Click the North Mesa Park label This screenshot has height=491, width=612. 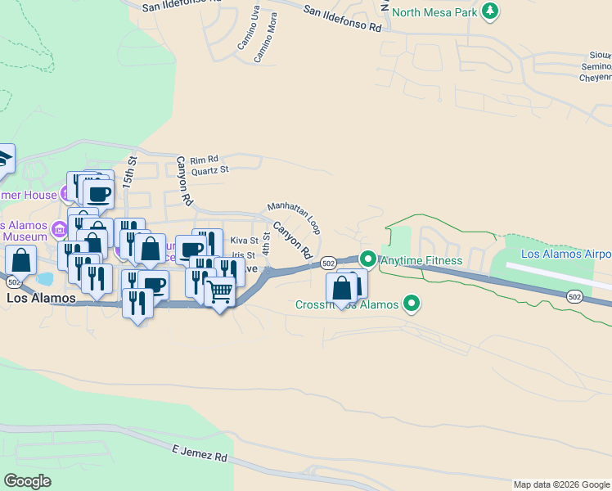434,11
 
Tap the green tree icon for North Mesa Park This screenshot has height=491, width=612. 490,11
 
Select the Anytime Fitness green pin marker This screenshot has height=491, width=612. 368,260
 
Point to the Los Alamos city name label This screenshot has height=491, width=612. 41,299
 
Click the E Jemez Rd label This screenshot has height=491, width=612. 200,453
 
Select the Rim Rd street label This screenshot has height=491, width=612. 205,160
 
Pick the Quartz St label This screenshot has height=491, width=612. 210,170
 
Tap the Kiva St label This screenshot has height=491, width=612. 244,241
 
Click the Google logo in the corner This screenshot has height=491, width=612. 27,481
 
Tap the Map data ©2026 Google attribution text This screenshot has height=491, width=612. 561,484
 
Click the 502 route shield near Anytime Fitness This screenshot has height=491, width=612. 328,263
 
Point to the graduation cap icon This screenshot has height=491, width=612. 4,158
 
